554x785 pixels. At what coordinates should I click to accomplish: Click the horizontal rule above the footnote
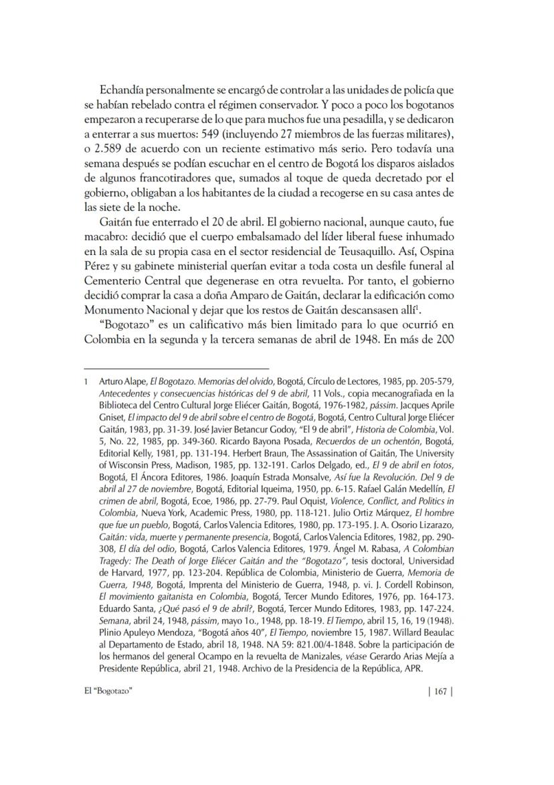[176, 368]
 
